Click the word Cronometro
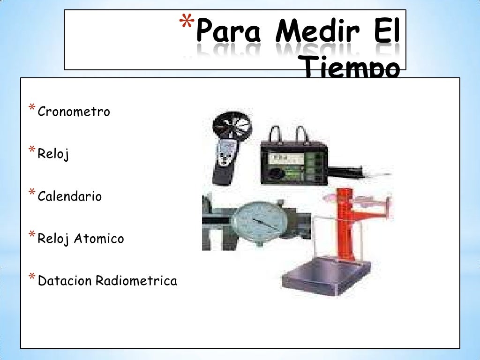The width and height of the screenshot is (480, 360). pos(74,112)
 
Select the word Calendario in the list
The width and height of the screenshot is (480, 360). pos(69,196)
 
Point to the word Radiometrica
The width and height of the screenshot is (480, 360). pos(136,281)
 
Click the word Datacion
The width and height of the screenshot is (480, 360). pos(65,281)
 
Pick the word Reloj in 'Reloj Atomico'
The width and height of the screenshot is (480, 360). pos(53,239)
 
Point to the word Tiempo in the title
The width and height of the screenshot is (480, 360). pos(352,70)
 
